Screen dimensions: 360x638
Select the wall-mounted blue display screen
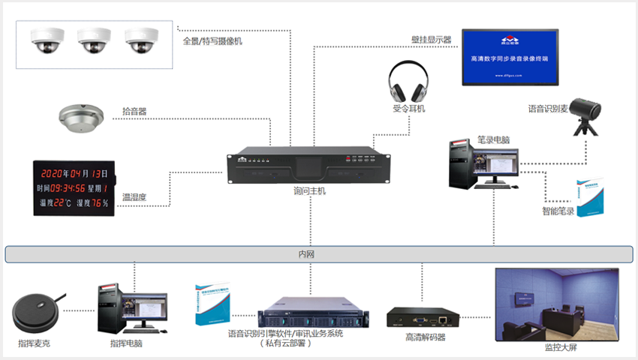pyautogui.click(x=510, y=57)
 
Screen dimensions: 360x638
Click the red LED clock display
pyautogui.click(x=73, y=187)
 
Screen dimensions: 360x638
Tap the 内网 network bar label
pyautogui.click(x=306, y=255)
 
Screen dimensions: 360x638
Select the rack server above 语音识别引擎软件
pyautogui.click(x=309, y=316)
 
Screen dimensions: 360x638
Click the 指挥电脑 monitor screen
pyautogui.click(x=146, y=308)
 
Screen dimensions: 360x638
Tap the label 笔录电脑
pyautogui.click(x=493, y=140)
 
